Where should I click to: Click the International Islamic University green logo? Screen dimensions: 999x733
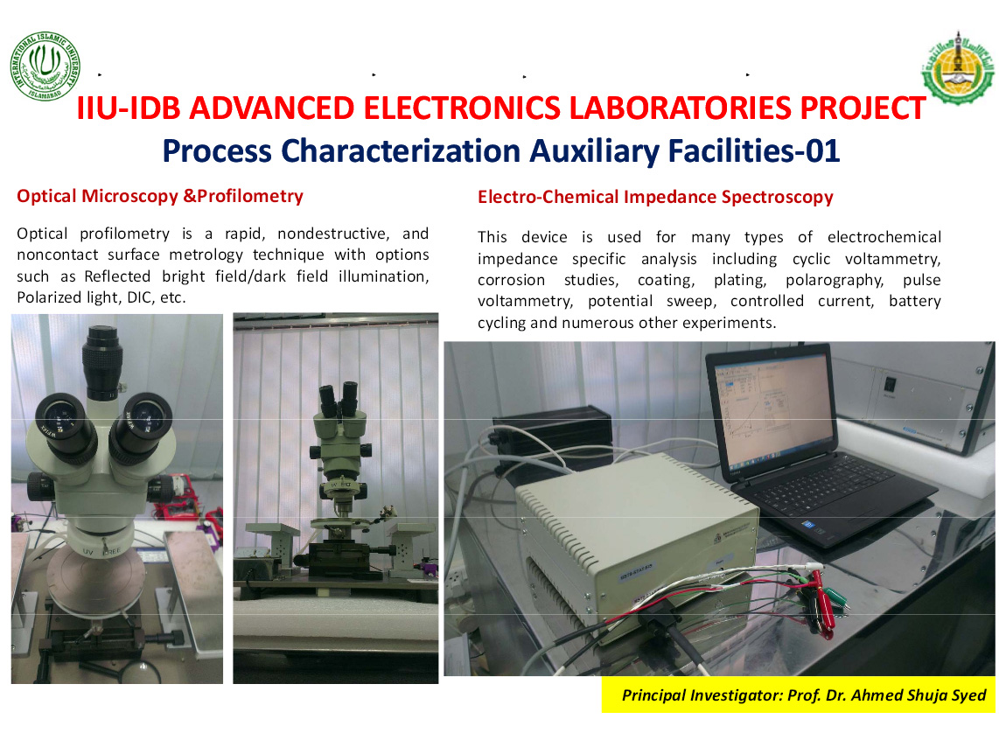point(45,66)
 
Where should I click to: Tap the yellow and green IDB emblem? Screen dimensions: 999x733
point(958,68)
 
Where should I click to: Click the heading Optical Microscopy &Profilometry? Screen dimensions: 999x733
point(160,196)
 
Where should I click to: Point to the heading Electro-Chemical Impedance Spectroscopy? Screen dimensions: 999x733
point(655,197)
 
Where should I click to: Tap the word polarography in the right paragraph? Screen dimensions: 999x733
point(835,280)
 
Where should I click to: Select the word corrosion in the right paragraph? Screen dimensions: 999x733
point(512,280)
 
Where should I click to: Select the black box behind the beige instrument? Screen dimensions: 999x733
point(552,436)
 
